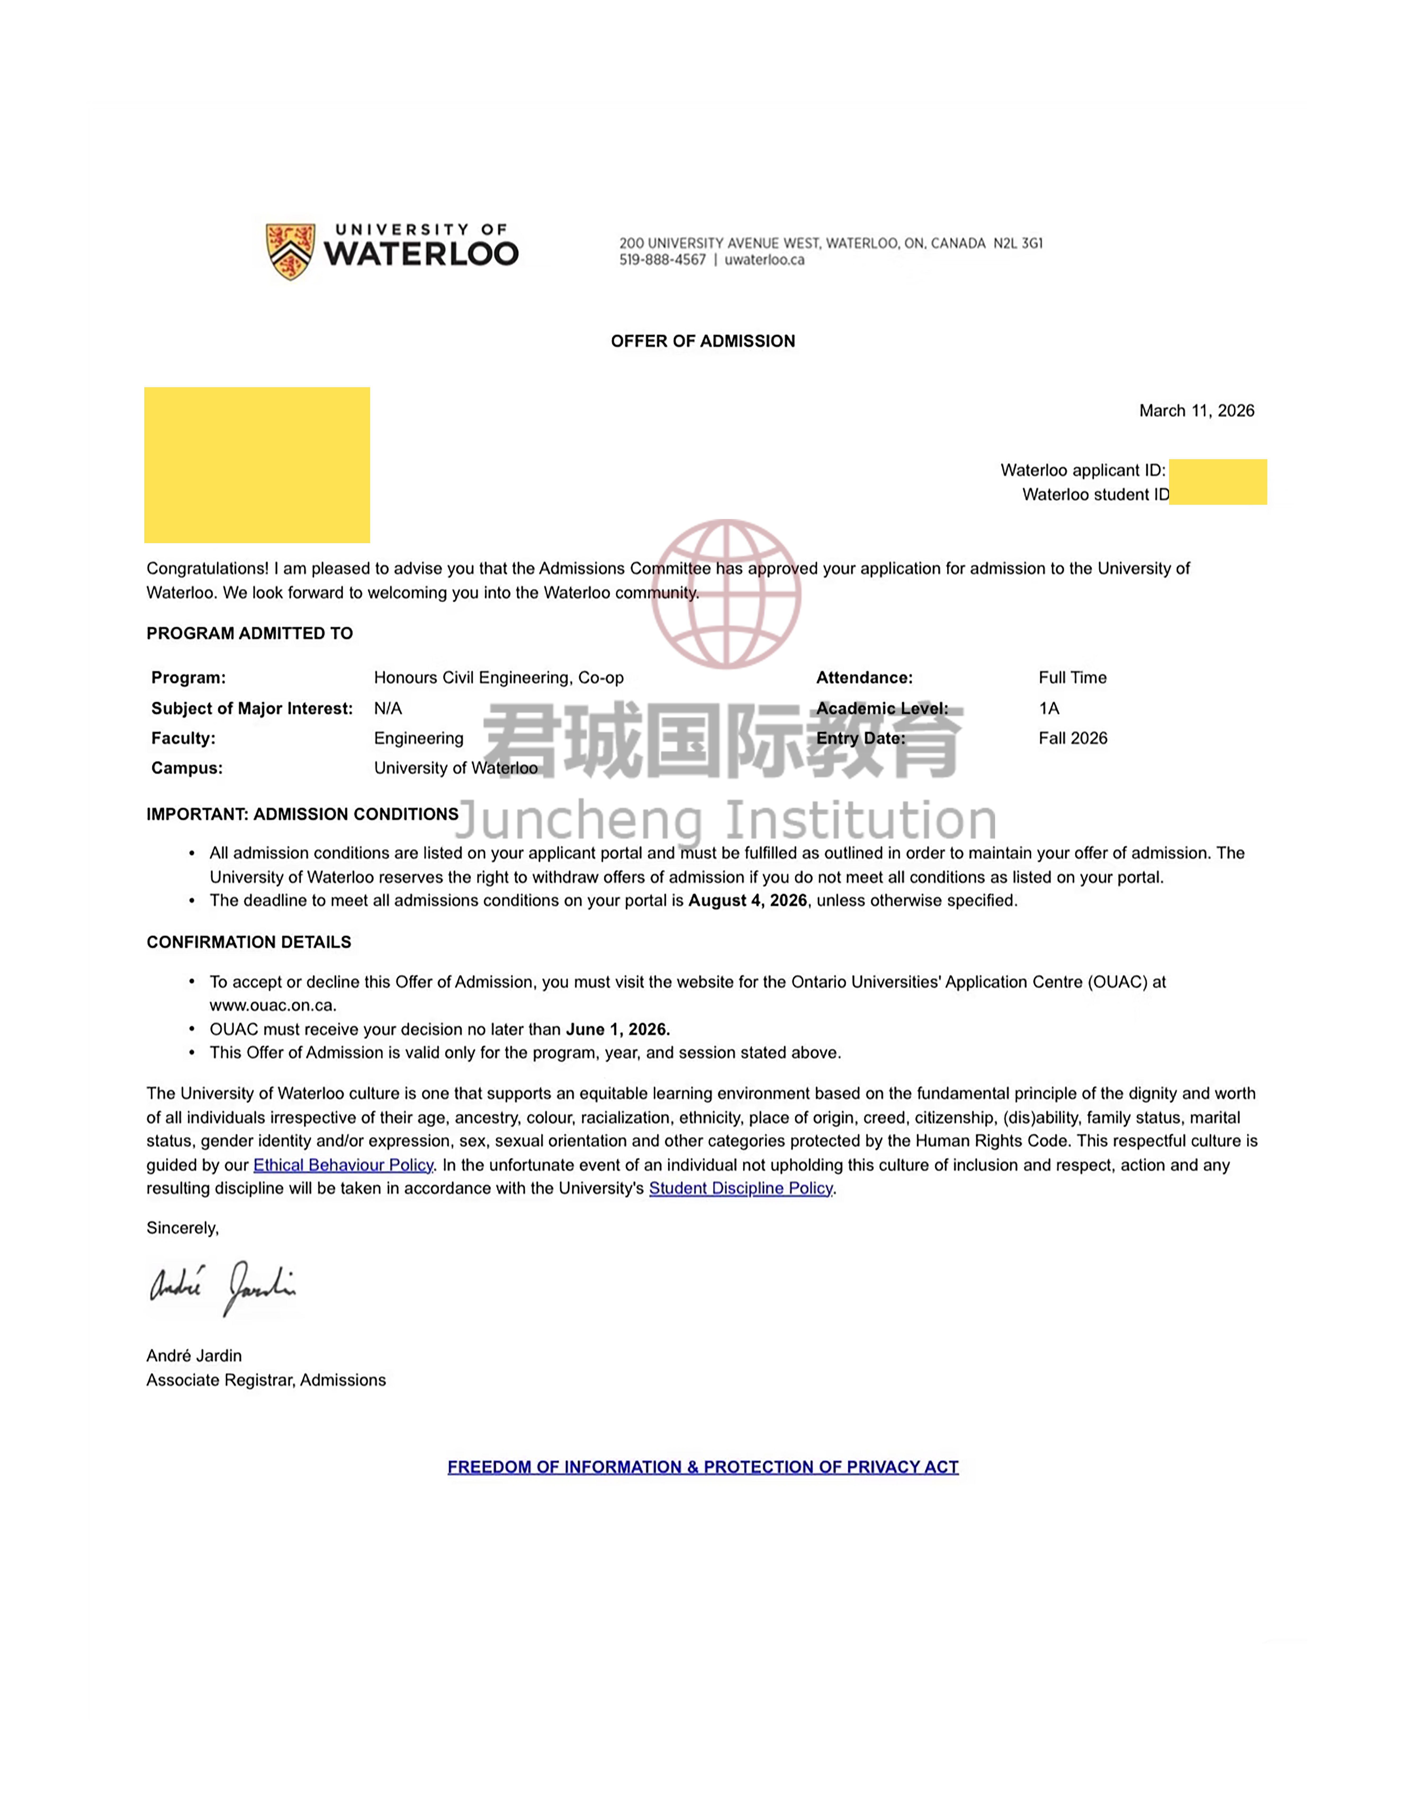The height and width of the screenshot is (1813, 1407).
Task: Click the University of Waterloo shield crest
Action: pyautogui.click(x=290, y=251)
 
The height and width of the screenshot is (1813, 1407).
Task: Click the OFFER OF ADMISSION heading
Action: pyautogui.click(x=702, y=341)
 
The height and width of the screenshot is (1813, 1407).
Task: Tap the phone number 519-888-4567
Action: pyautogui.click(x=662, y=260)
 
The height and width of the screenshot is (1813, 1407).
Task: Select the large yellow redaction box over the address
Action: pyautogui.click(x=257, y=465)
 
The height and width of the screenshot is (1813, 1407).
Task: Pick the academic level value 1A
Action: pyautogui.click(x=1048, y=708)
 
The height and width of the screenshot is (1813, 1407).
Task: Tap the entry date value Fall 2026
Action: pyautogui.click(x=1072, y=738)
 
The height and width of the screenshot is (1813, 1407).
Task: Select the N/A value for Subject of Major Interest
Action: pyautogui.click(x=388, y=708)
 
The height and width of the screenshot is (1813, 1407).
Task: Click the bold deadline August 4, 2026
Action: pyautogui.click(x=747, y=901)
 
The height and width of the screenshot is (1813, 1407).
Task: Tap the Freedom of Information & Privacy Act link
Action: pyautogui.click(x=702, y=1467)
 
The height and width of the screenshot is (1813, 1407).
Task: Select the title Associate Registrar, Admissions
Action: pyautogui.click(x=266, y=1380)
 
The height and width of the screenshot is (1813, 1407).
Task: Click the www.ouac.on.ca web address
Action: pyautogui.click(x=272, y=1005)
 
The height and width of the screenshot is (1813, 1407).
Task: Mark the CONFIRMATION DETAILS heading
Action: pyautogui.click(x=249, y=942)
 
